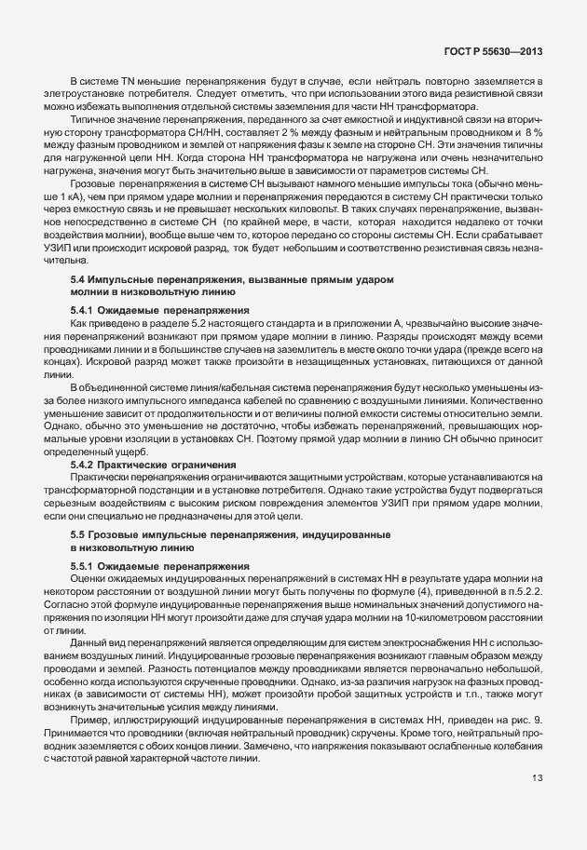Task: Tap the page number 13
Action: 538,803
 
